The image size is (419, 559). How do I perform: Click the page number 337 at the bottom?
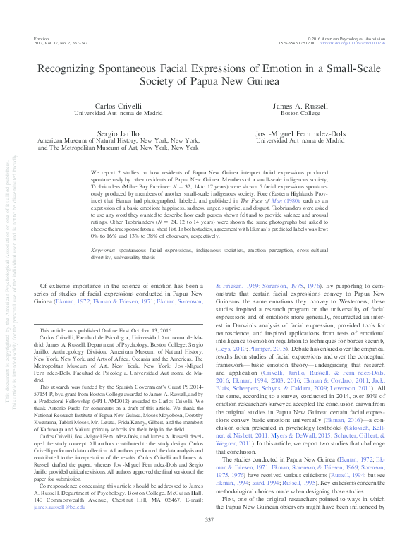tap(209, 539)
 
